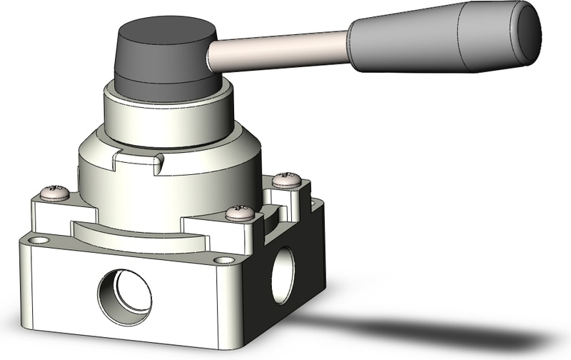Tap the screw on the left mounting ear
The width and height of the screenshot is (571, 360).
55,192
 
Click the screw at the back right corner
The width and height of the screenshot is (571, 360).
288,179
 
